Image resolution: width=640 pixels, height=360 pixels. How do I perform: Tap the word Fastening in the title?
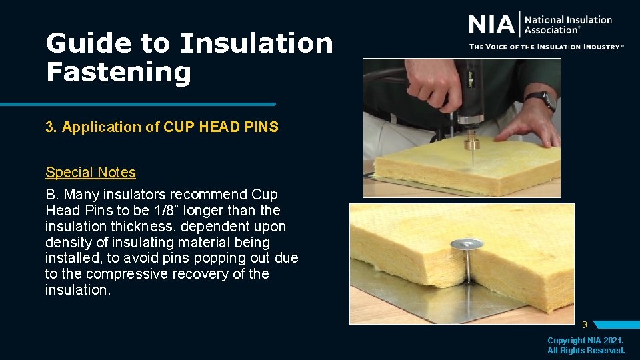coord(118,71)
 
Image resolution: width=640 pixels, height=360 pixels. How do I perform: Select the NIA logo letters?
coord(492,25)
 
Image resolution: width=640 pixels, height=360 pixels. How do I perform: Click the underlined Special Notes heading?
coord(91,172)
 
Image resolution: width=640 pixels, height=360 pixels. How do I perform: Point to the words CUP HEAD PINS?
coord(221,127)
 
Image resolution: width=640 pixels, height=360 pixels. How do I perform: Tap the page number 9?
coord(584,325)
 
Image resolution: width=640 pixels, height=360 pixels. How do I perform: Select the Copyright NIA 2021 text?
coord(586,341)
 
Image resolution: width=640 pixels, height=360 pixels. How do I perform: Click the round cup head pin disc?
coord(466,245)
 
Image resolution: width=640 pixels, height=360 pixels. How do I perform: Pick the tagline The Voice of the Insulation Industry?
coord(546,47)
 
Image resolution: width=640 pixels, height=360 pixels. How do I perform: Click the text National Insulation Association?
coord(567,25)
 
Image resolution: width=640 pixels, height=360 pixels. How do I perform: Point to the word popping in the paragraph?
coord(213,258)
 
